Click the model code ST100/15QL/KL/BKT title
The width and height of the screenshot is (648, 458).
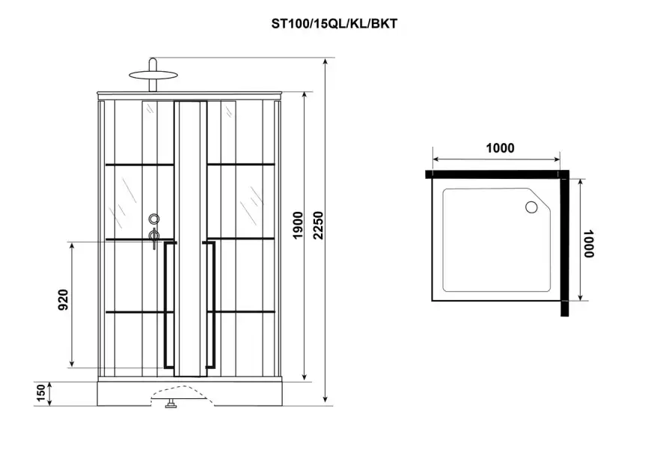tap(334, 24)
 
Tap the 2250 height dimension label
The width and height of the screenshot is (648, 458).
tap(318, 225)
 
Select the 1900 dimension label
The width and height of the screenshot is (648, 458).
tap(298, 225)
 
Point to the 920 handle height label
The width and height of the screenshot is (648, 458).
tap(63, 299)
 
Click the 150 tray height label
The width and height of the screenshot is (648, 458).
tap(40, 393)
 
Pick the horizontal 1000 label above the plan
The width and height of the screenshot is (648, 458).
tap(500, 148)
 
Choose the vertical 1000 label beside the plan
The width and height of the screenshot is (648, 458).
tap(588, 243)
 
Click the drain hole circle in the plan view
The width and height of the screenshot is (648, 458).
tap(531, 207)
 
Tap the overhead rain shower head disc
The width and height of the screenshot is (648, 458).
tap(153, 76)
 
